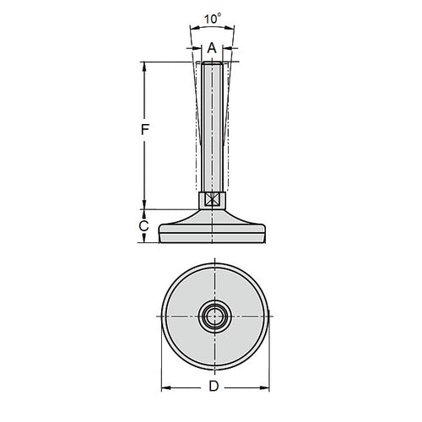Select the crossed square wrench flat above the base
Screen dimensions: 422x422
point(211,200)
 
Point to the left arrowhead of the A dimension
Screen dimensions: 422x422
point(195,48)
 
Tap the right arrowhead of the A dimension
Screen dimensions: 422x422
point(227,48)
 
